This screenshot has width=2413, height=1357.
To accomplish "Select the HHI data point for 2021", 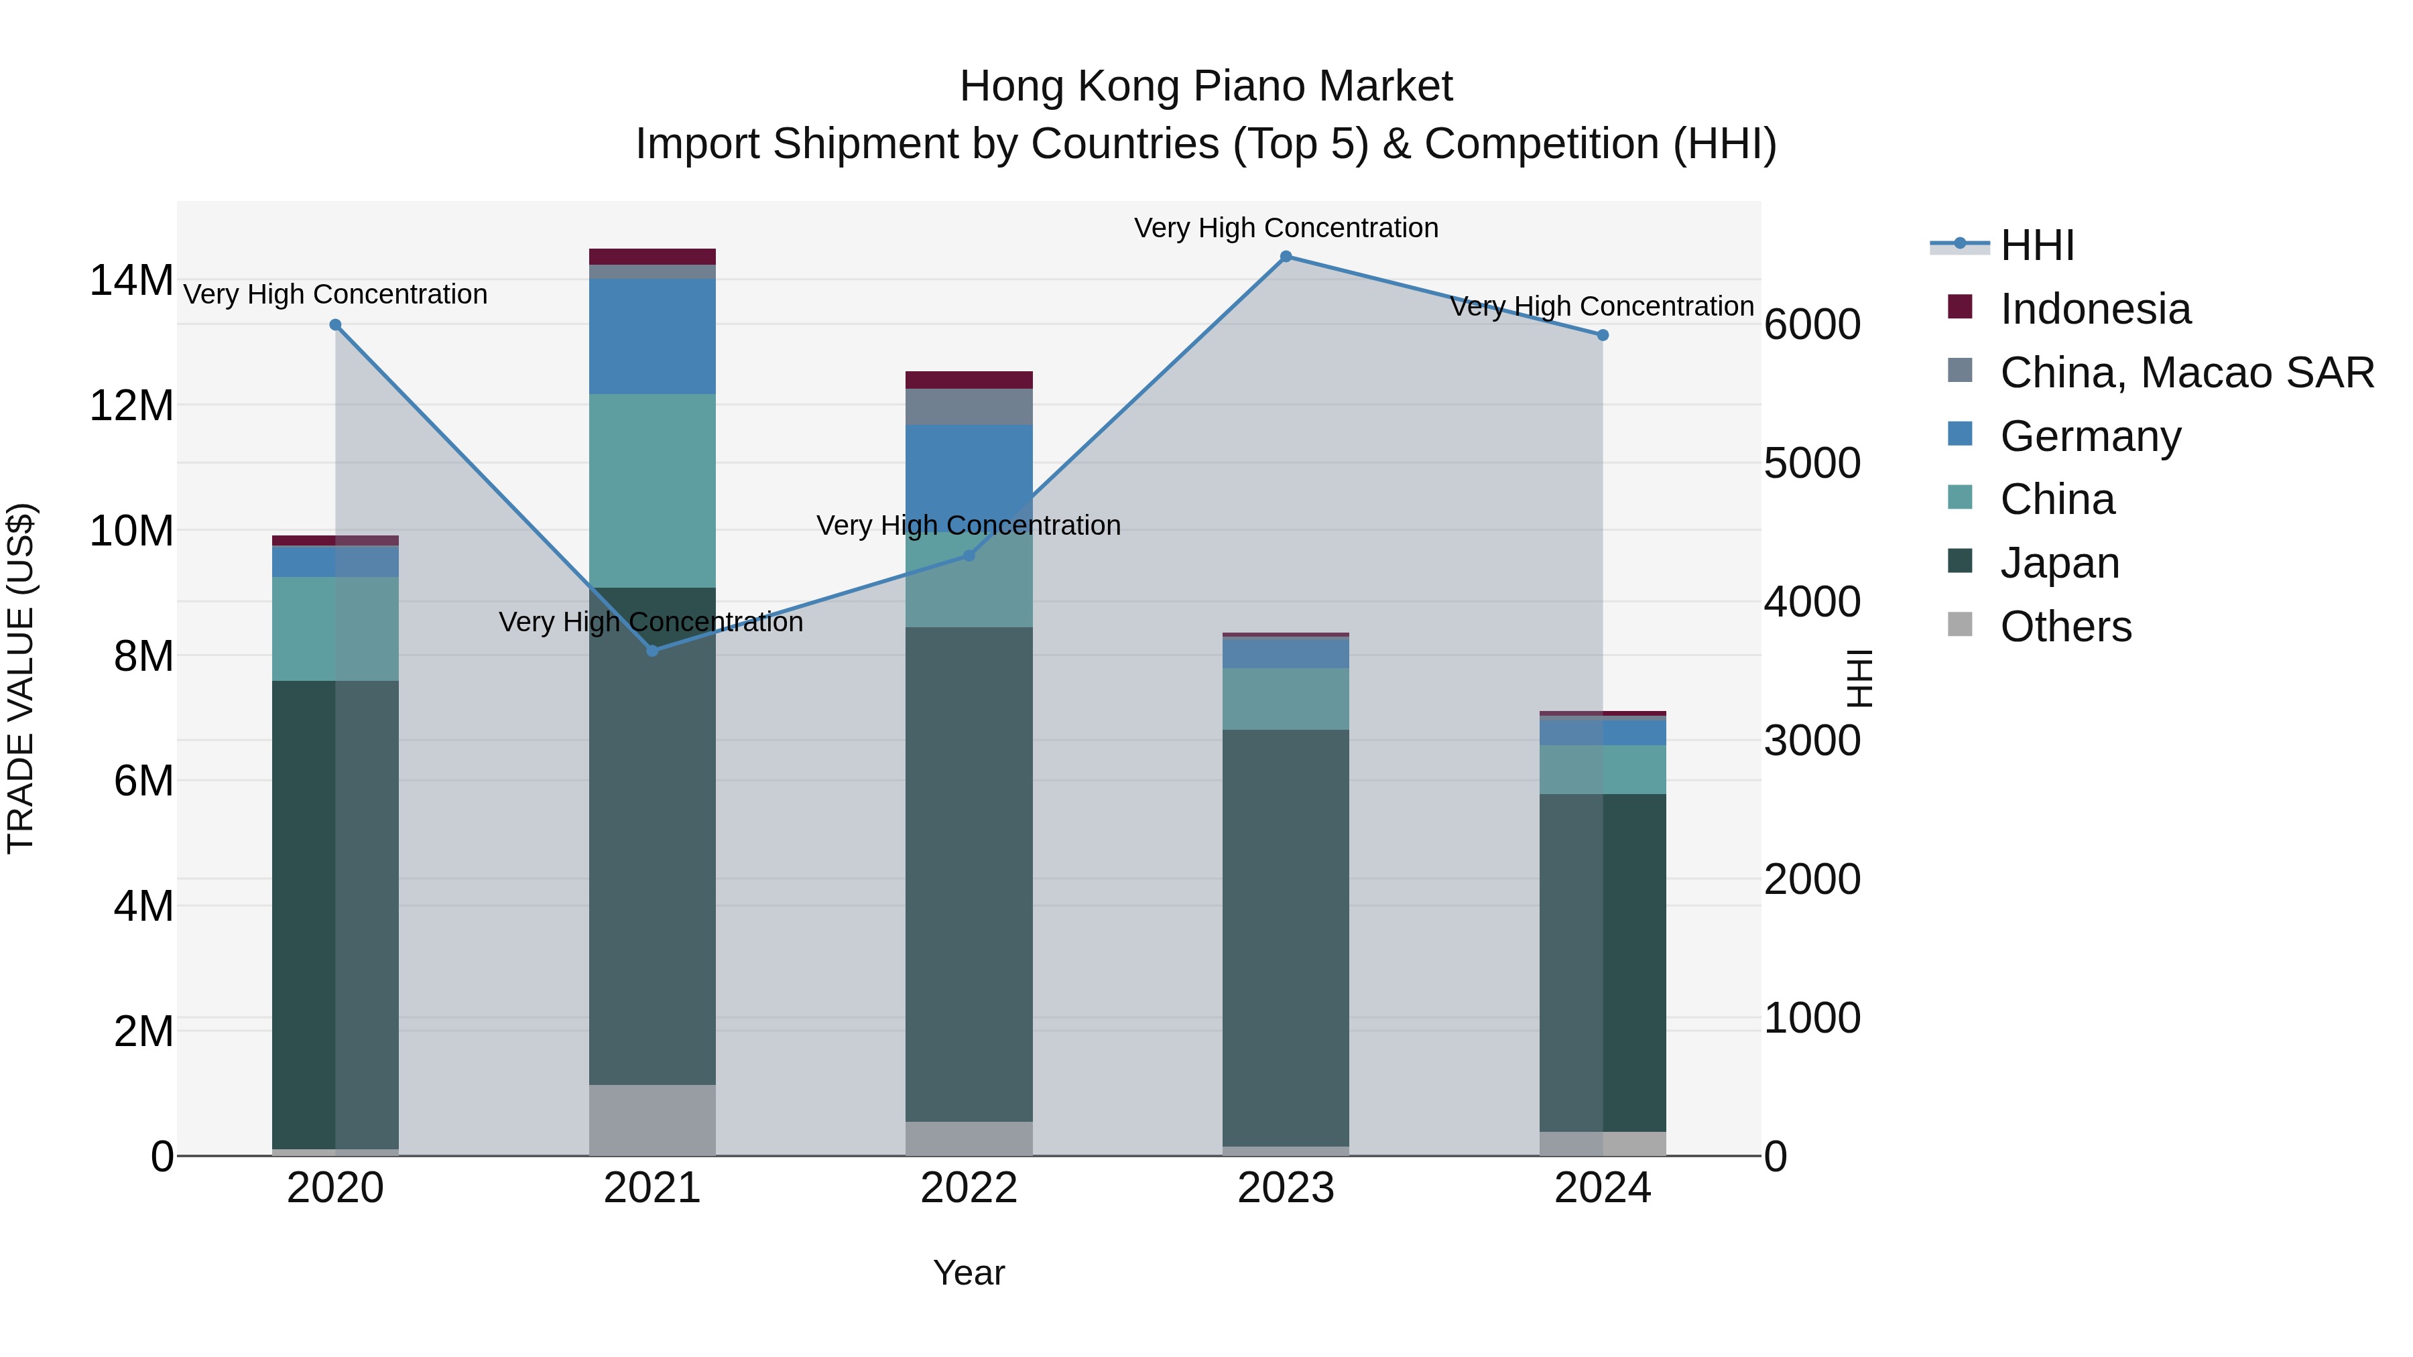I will [x=652, y=651].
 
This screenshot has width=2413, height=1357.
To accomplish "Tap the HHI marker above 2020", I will [x=335, y=325].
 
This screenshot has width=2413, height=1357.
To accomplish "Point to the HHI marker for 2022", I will [x=969, y=556].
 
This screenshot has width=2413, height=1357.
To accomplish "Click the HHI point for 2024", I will [x=1602, y=335].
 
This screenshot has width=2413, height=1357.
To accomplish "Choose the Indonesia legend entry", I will [x=2095, y=309].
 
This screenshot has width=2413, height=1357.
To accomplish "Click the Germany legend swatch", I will [x=1960, y=434].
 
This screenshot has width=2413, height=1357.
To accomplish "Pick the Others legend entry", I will [x=2066, y=627].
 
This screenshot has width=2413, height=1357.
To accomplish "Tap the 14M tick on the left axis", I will [x=131, y=281].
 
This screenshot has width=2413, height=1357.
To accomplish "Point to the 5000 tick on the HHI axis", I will [x=1812, y=464].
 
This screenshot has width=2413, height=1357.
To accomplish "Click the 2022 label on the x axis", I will [x=969, y=1188].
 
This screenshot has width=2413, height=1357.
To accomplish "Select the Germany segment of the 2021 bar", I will [x=652, y=336].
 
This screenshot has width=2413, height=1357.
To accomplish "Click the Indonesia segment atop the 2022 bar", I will [x=969, y=380].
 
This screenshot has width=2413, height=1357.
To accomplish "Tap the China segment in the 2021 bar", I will [x=652, y=490].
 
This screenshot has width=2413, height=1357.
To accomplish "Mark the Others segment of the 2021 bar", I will [x=652, y=1120].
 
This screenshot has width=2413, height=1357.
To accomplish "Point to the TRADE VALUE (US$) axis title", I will [x=21, y=678].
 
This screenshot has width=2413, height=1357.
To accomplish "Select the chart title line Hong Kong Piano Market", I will [x=1206, y=86].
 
